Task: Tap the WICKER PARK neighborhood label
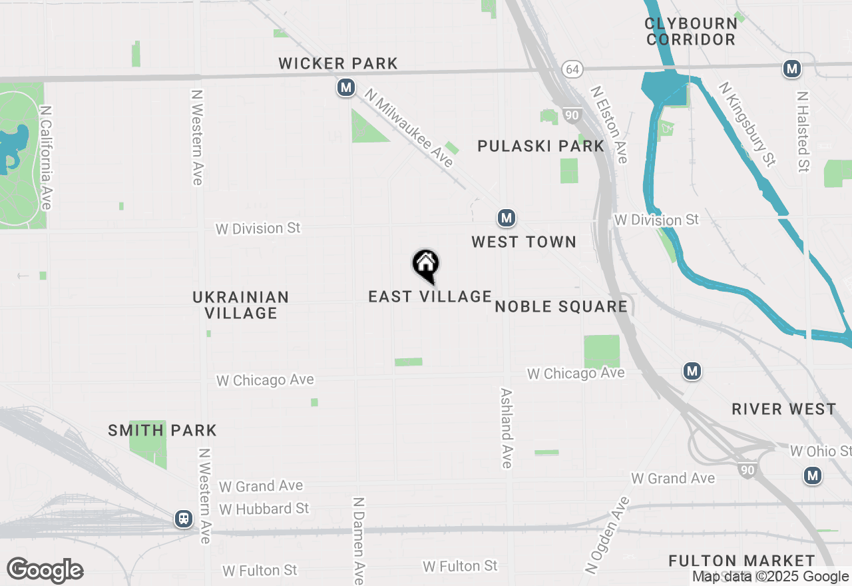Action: pyautogui.click(x=338, y=64)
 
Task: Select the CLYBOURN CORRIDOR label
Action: pyautogui.click(x=691, y=31)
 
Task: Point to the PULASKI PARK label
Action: pyautogui.click(x=540, y=146)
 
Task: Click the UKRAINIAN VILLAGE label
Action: pyautogui.click(x=241, y=305)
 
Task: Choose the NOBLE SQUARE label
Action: pyautogui.click(x=561, y=306)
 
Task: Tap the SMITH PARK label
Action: pyautogui.click(x=162, y=430)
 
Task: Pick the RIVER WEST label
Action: pyautogui.click(x=783, y=409)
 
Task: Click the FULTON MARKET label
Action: pyautogui.click(x=742, y=561)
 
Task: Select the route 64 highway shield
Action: pyautogui.click(x=571, y=69)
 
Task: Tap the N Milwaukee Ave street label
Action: pyautogui.click(x=409, y=131)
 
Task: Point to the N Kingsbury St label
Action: pyautogui.click(x=747, y=124)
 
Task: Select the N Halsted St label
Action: pyautogui.click(x=803, y=132)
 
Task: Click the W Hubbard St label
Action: pyautogui.click(x=264, y=509)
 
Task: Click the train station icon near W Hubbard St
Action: pyautogui.click(x=183, y=519)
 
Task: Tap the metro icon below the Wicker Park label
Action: pyautogui.click(x=345, y=87)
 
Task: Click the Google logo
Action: pyautogui.click(x=45, y=571)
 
